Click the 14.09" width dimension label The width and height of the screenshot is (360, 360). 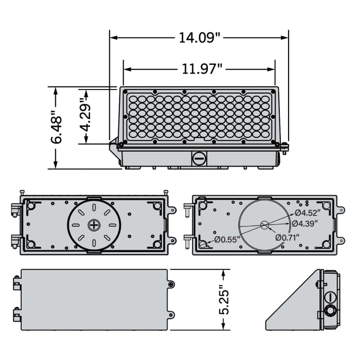click(x=199, y=38)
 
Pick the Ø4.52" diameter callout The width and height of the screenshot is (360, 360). click(x=308, y=212)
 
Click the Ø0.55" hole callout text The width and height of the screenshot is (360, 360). click(x=228, y=239)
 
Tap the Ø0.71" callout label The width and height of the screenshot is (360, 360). click(x=290, y=237)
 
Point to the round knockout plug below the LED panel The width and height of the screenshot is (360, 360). click(x=199, y=158)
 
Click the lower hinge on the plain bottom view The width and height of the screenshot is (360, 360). click(x=16, y=313)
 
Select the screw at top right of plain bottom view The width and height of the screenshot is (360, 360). click(x=171, y=284)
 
